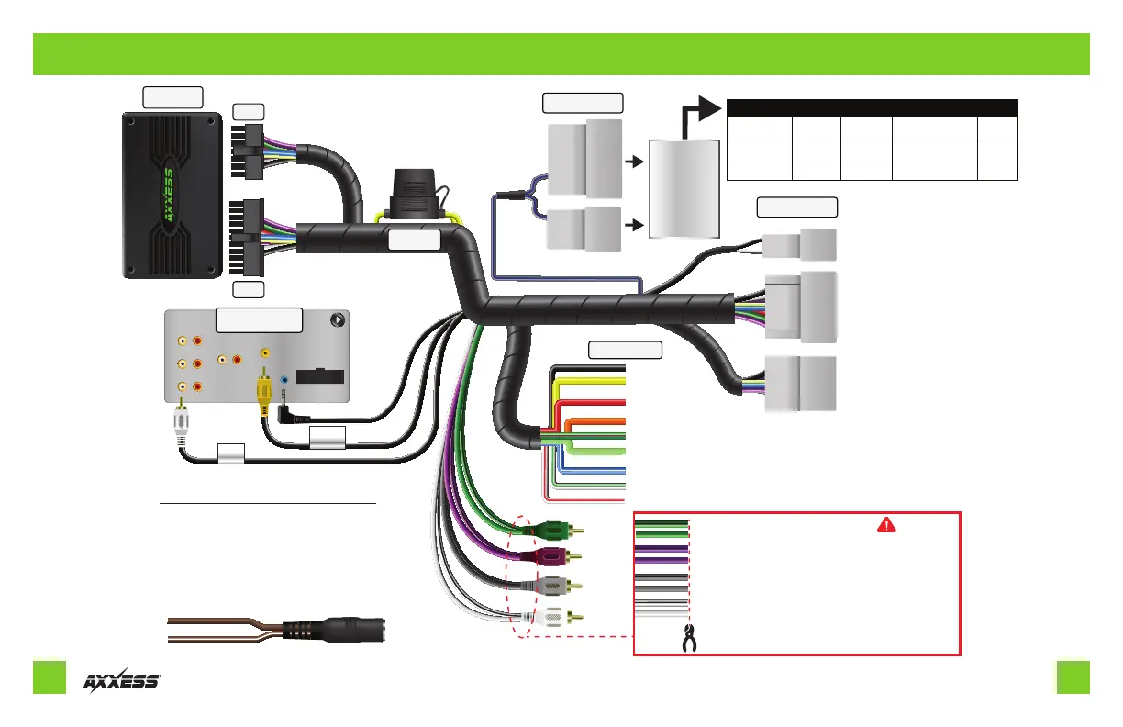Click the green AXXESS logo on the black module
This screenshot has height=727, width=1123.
click(168, 196)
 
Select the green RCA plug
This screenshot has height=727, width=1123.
click(552, 531)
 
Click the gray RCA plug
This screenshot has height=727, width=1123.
click(552, 585)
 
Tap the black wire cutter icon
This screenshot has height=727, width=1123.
click(688, 640)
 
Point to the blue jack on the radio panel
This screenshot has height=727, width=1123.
click(285, 378)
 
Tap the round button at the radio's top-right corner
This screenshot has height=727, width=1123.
click(339, 321)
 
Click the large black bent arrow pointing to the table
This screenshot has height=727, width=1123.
click(697, 115)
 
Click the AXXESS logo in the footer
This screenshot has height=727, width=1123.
click(122, 681)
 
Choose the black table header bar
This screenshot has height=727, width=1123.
click(872, 106)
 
